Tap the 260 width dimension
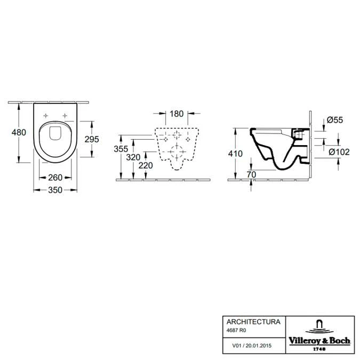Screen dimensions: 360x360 click(56, 178)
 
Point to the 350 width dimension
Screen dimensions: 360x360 click(56, 190)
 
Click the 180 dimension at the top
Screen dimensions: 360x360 click(177, 114)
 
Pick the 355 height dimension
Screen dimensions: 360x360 click(122, 149)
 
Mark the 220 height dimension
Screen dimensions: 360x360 click(146, 165)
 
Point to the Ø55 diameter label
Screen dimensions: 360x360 click(334, 121)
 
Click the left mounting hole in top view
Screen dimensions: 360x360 click(46, 115)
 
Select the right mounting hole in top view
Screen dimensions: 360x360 click(65, 115)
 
